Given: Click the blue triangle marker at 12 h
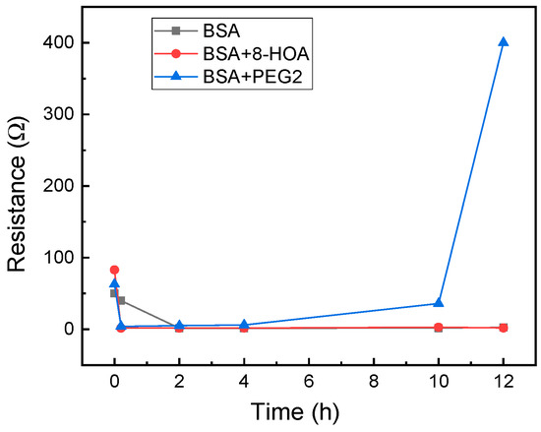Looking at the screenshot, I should [x=504, y=42].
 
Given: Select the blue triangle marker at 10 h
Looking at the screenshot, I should [x=439, y=303].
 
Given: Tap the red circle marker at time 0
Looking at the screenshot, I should [x=114, y=270].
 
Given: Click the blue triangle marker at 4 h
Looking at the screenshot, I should [x=244, y=325].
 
